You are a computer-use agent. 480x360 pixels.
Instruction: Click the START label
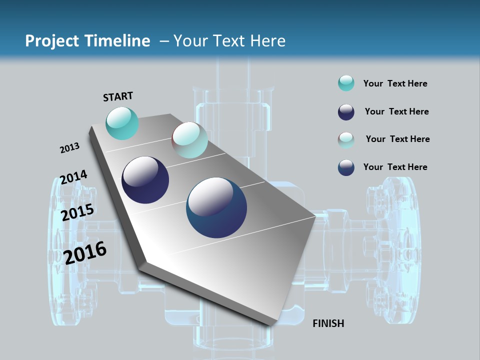point(118,96)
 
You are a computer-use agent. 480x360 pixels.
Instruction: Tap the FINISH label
point(328,323)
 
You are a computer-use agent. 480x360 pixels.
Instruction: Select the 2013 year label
point(69,148)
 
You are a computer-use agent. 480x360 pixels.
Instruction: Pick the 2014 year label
point(73,177)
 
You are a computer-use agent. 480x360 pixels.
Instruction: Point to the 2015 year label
point(77,212)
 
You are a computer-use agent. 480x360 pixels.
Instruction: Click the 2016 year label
point(85,253)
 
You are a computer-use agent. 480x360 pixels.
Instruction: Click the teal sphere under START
point(122,123)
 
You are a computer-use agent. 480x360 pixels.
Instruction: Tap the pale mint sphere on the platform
point(189,140)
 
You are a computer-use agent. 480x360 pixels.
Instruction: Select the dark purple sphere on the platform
point(145,180)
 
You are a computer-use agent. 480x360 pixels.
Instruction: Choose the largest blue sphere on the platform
point(216,207)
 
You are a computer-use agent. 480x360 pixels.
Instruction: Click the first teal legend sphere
point(346,83)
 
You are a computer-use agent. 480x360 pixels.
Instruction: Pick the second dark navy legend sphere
point(346,112)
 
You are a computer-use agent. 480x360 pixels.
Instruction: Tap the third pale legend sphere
point(346,139)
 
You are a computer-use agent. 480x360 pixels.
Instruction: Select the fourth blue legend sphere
point(346,167)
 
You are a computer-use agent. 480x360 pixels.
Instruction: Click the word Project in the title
point(50,41)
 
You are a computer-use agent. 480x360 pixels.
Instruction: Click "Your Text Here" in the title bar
point(229,41)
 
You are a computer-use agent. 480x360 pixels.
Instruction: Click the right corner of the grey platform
point(315,216)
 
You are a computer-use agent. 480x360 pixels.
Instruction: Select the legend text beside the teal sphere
point(395,83)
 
